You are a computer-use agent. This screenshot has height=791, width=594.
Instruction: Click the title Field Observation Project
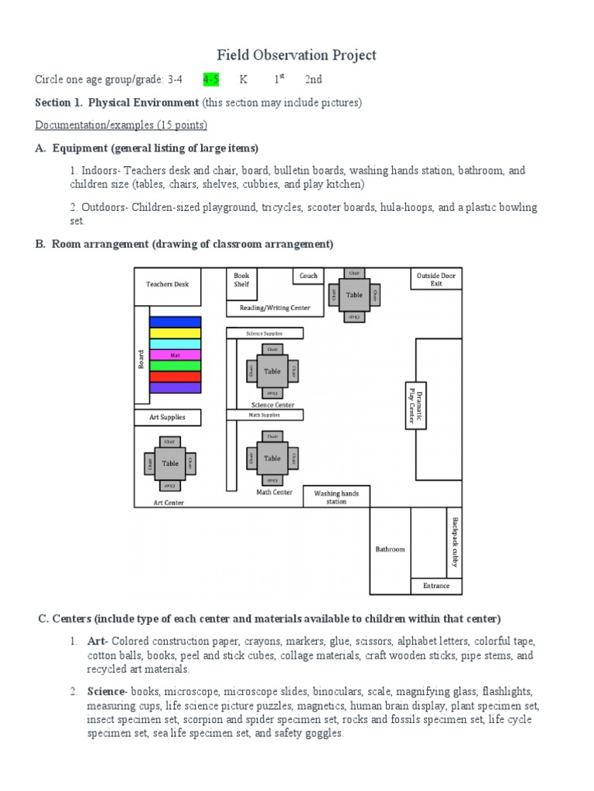tap(296, 55)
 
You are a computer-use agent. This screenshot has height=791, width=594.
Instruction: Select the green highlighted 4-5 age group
tap(210, 80)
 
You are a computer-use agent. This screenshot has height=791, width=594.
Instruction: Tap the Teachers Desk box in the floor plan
tap(168, 284)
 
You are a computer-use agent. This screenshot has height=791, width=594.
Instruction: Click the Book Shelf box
tap(241, 280)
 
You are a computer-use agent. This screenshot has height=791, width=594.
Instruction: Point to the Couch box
tap(308, 276)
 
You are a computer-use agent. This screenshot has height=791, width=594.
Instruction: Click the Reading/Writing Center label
tap(275, 308)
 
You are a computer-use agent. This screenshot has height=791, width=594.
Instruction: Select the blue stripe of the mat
tap(175, 321)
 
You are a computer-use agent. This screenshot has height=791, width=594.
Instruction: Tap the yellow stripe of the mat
tap(175, 333)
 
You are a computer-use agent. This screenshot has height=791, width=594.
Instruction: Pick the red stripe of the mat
tap(175, 376)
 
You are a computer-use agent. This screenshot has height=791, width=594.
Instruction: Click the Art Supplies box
tap(168, 418)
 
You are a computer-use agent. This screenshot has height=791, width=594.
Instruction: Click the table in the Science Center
tap(272, 371)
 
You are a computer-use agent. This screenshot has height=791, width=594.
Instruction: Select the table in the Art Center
tap(169, 463)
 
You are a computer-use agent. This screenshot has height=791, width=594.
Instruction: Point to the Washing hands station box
tap(336, 497)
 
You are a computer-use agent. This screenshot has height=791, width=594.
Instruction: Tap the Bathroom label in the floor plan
tap(390, 549)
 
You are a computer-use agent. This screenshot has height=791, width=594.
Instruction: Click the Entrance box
tap(436, 586)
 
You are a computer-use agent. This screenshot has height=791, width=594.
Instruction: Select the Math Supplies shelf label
tap(265, 415)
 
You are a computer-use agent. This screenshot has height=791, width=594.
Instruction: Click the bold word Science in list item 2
tap(105, 691)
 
